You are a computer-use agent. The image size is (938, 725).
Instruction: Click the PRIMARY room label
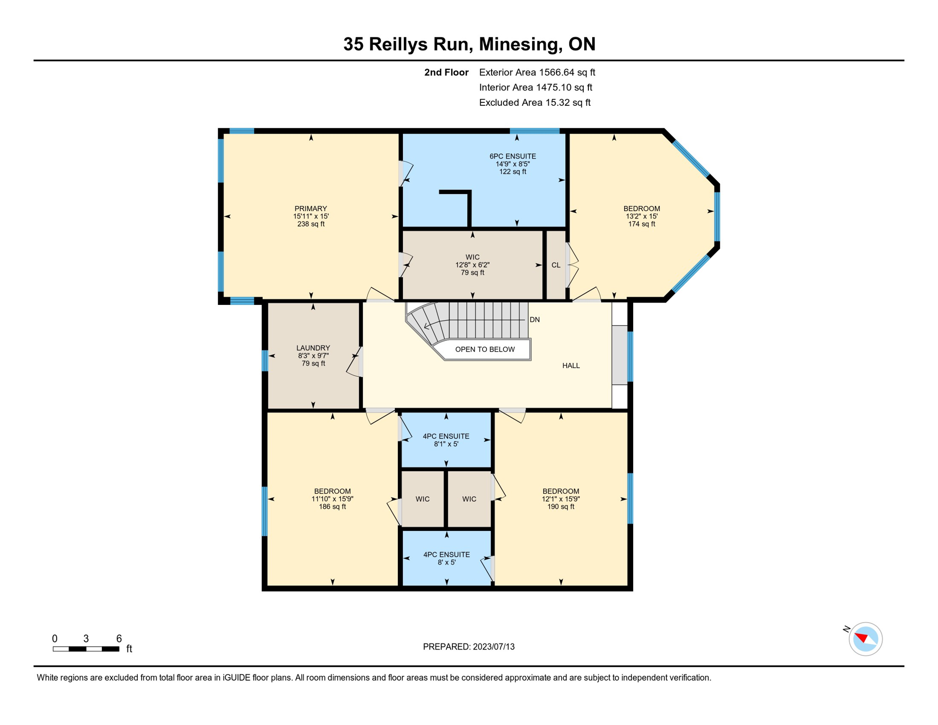pyautogui.click(x=310, y=209)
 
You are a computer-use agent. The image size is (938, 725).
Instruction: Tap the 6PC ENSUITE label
pyautogui.click(x=512, y=156)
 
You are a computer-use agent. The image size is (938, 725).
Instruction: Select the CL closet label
pyautogui.click(x=556, y=265)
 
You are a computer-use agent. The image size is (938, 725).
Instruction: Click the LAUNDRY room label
pyautogui.click(x=313, y=348)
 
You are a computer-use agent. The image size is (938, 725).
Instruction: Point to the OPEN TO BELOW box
pyautogui.click(x=485, y=349)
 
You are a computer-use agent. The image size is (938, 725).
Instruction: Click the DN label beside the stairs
pyautogui.click(x=534, y=320)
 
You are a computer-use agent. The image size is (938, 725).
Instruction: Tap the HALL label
pyautogui.click(x=570, y=365)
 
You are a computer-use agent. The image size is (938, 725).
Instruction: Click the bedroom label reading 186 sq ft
pyautogui.click(x=332, y=506)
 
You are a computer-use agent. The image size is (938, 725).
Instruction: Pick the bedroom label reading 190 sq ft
pyautogui.click(x=561, y=506)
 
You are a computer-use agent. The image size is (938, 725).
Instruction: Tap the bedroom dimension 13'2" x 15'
pyautogui.click(x=641, y=216)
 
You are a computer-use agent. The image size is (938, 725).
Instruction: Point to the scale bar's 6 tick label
pyautogui.click(x=119, y=639)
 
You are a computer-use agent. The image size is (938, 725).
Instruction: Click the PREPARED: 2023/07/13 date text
pyautogui.click(x=469, y=647)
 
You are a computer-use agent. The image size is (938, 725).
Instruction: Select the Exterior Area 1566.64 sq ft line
pyautogui.click(x=536, y=72)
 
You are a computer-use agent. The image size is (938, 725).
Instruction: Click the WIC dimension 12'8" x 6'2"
pyautogui.click(x=472, y=265)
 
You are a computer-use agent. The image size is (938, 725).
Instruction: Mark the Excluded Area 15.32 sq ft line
pyautogui.click(x=534, y=102)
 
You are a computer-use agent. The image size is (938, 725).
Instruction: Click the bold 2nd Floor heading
pyautogui.click(x=446, y=72)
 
